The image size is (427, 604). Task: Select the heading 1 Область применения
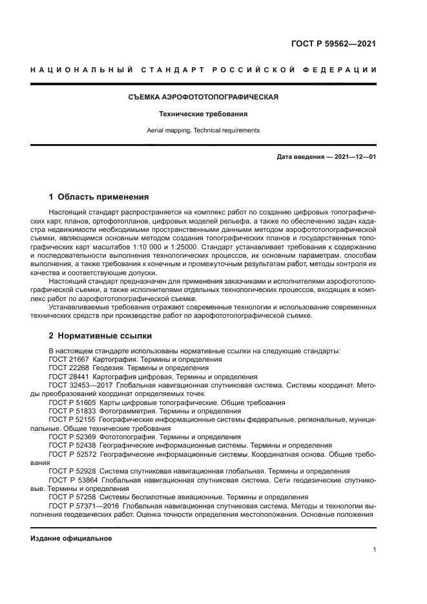point(99,197)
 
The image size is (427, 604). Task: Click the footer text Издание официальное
point(63,539)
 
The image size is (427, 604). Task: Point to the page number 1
point(375,550)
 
